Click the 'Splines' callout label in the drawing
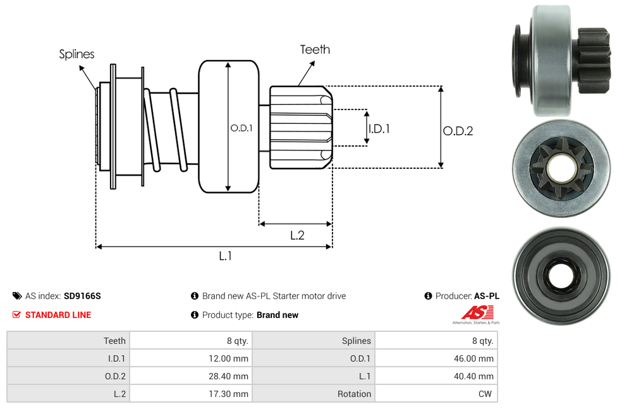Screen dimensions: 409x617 pyautogui.click(x=76, y=54)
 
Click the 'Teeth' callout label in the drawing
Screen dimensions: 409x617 pyautogui.click(x=315, y=49)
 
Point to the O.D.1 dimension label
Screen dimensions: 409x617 pyautogui.click(x=241, y=128)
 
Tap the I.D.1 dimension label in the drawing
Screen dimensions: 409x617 pyautogui.click(x=379, y=128)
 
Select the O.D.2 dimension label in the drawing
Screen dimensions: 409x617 pyautogui.click(x=458, y=131)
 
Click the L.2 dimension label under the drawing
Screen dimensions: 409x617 pyautogui.click(x=297, y=235)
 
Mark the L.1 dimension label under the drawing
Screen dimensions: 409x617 pyautogui.click(x=226, y=255)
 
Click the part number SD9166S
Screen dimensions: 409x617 pyautogui.click(x=82, y=296)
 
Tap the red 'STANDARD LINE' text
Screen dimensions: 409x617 pyautogui.click(x=58, y=315)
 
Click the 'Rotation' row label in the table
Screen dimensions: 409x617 pyautogui.click(x=354, y=394)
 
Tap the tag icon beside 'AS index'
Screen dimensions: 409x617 pyautogui.click(x=17, y=296)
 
